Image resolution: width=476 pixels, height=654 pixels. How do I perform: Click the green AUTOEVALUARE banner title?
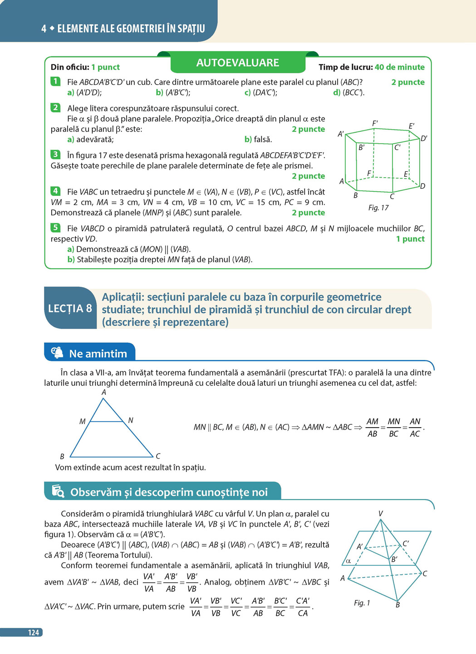tap(237, 63)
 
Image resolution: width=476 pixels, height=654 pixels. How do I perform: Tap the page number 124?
tap(33, 632)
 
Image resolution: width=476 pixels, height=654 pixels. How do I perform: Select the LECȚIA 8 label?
tap(70, 309)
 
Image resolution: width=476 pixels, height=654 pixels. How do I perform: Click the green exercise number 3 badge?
tap(55, 155)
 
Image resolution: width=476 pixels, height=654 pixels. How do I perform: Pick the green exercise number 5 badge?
tap(55, 228)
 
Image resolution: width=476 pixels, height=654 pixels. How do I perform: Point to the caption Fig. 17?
tap(378, 208)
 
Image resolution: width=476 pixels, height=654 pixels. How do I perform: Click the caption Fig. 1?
tap(362, 603)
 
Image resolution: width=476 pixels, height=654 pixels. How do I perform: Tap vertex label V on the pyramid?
tap(380, 514)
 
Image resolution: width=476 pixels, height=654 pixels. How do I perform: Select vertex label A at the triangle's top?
tap(104, 392)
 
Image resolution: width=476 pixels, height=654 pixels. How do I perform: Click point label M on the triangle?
tap(82, 421)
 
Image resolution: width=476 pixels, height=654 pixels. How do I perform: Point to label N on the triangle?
tap(131, 420)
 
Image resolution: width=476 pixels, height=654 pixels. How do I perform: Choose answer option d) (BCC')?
tap(348, 93)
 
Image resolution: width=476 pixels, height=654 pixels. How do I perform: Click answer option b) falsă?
tap(258, 140)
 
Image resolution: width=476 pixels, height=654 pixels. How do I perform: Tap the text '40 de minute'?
tap(399, 67)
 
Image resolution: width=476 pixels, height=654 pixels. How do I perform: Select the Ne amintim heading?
tap(98, 354)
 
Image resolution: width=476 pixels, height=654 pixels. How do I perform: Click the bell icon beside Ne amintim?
tap(57, 353)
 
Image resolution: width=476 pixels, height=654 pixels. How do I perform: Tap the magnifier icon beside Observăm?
tap(58, 491)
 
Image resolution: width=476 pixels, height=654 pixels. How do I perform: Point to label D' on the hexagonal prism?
tap(423, 138)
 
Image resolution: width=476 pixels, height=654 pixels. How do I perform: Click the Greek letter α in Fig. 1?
tap(348, 561)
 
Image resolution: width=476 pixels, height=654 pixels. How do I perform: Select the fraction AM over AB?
tap(372, 428)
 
